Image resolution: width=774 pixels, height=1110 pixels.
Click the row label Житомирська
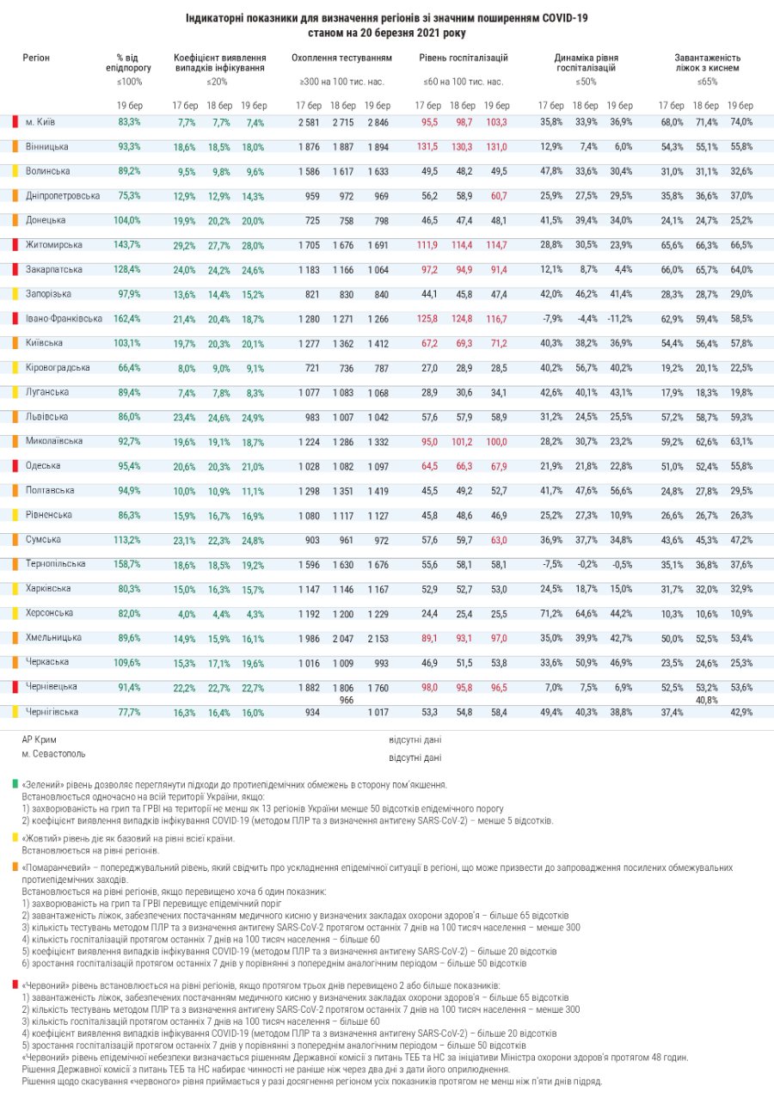pyautogui.click(x=54, y=245)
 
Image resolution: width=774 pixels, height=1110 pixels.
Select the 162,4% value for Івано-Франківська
pyautogui.click(x=127, y=319)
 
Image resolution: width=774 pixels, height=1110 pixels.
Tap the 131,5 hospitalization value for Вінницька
pyautogui.click(x=427, y=147)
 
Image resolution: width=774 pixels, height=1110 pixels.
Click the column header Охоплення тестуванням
pyautogui.click(x=341, y=58)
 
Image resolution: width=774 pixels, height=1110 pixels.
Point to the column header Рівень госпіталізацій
pyautogui.click(x=464, y=58)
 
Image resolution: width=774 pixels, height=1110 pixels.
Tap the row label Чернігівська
pyautogui.click(x=52, y=712)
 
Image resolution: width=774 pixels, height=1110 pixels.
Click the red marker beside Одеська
pyautogui.click(x=15, y=466)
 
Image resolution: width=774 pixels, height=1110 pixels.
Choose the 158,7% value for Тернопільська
pyautogui.click(x=127, y=564)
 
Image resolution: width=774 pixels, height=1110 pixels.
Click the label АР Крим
pyautogui.click(x=40, y=739)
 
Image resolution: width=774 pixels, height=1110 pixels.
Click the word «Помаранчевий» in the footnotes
pyautogui.click(x=52, y=868)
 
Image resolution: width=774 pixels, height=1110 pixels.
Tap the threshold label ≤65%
pyautogui.click(x=707, y=82)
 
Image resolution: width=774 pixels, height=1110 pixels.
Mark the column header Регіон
pyautogui.click(x=36, y=58)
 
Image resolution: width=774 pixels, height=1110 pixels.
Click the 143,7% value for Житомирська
pyautogui.click(x=127, y=245)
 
